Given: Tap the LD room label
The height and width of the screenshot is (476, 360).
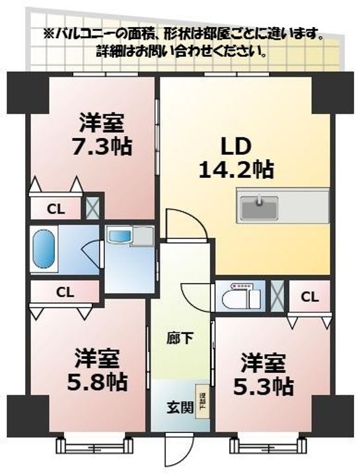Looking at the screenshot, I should coord(236,145).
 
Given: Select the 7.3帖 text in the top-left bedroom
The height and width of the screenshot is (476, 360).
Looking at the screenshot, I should coord(102,145).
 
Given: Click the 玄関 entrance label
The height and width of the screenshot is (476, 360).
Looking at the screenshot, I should coord(179,407).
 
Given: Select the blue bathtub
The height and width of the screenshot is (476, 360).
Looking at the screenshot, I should coord(45,250).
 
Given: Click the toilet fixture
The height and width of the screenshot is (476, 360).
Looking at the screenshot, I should coord(238,297).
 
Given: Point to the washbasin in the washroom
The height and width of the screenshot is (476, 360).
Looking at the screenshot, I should coord(121,236).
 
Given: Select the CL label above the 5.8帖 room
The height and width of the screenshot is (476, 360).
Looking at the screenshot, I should coord(64,291).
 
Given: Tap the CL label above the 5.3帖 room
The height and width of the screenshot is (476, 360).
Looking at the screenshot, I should coord(310,296).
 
